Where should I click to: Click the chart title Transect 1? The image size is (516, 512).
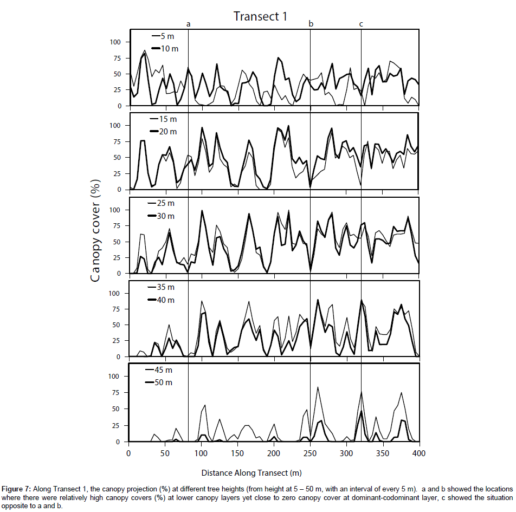click(x=260, y=16)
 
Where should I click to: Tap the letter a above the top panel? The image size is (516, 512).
click(x=188, y=24)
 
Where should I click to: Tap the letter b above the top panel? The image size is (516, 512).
click(x=311, y=23)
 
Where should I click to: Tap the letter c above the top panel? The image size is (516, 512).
click(x=361, y=24)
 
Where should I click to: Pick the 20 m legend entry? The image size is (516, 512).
click(x=167, y=132)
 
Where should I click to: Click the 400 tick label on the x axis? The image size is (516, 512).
click(x=419, y=453)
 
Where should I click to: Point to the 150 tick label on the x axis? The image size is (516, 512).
click(x=237, y=453)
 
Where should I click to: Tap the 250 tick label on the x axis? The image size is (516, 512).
click(x=310, y=453)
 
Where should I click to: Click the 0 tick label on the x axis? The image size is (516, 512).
click(x=128, y=453)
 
